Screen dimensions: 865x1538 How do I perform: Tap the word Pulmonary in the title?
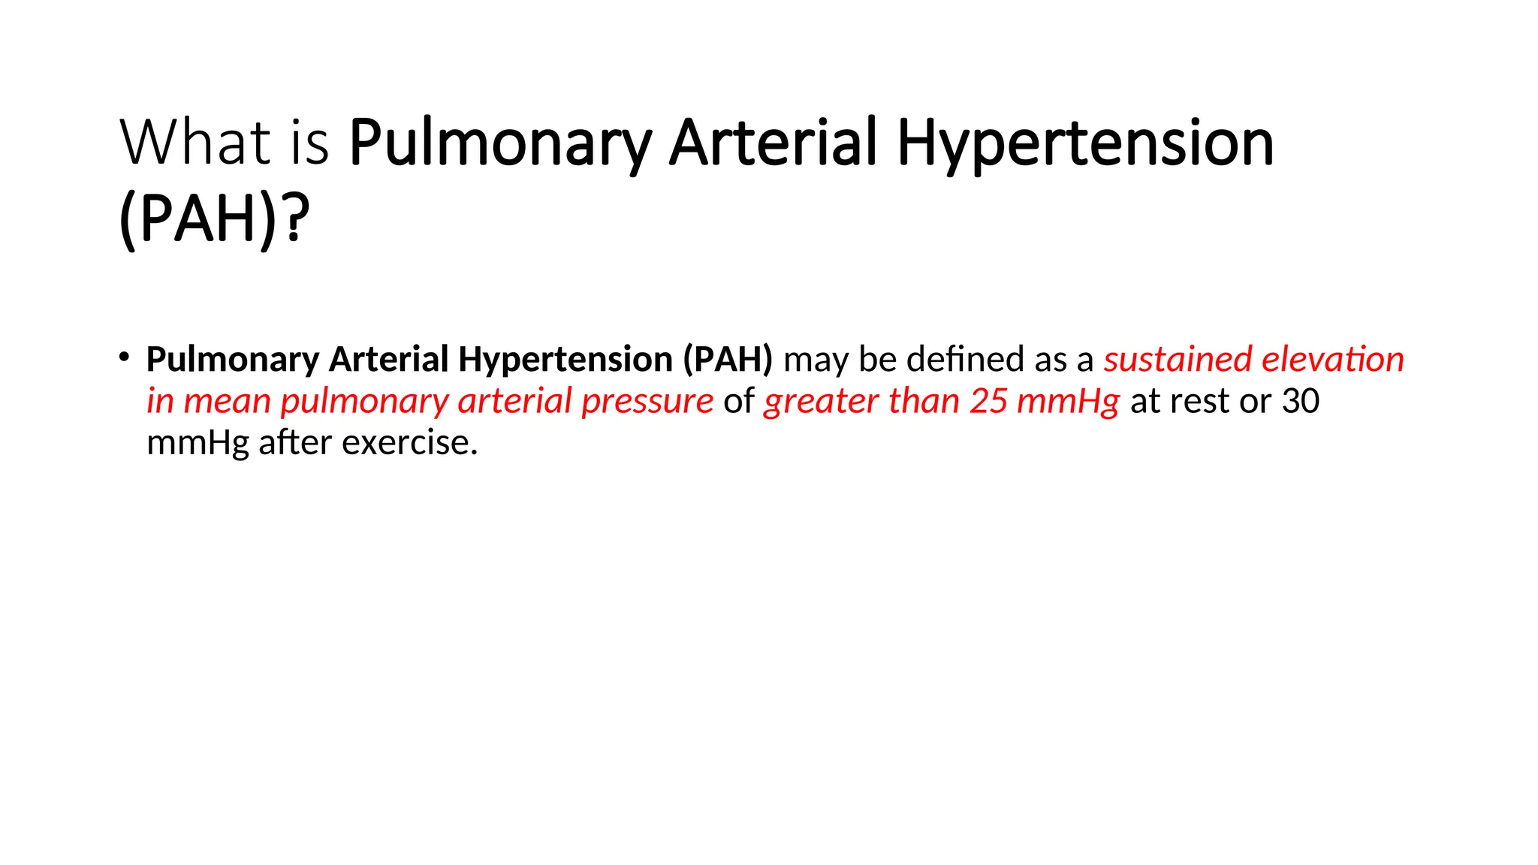pos(500,143)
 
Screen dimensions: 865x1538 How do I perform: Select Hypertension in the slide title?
pos(1085,143)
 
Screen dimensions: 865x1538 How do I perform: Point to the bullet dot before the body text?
pos(124,357)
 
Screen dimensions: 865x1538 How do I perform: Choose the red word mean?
pos(227,401)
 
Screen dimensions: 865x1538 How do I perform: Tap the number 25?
pos(988,401)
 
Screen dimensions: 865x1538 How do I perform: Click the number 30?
pos(1300,401)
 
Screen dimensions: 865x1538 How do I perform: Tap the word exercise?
pos(409,442)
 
